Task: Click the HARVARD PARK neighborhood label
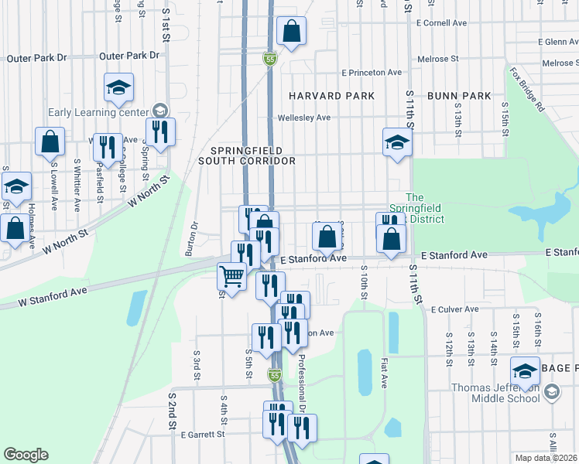pyautogui.click(x=331, y=96)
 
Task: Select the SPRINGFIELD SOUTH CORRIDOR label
pyautogui.click(x=247, y=155)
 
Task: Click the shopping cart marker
pyautogui.click(x=231, y=276)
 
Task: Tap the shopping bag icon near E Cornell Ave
pyautogui.click(x=292, y=32)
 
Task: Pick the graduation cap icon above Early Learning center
pyautogui.click(x=118, y=87)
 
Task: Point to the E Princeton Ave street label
pyautogui.click(x=371, y=73)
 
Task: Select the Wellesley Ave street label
pyautogui.click(x=304, y=118)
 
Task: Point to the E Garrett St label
pyautogui.click(x=202, y=435)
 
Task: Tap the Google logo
pyautogui.click(x=26, y=455)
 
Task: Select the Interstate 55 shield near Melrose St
pyautogui.click(x=269, y=59)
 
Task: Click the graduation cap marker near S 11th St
pyautogui.click(x=397, y=143)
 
